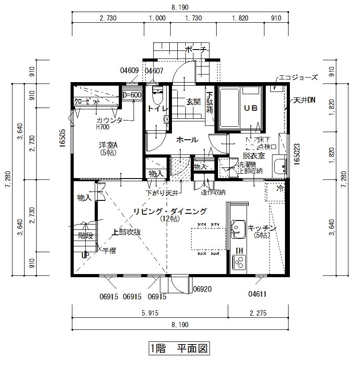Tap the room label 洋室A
tap(108, 145)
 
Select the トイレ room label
tap(158, 108)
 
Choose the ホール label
tap(187, 140)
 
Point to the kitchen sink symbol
tap(237, 227)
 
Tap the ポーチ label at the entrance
tap(195, 50)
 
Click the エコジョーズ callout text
tap(298, 77)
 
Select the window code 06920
tap(201, 290)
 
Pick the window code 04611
tap(258, 294)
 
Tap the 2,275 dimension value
tap(258, 313)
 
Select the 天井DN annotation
tap(304, 100)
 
